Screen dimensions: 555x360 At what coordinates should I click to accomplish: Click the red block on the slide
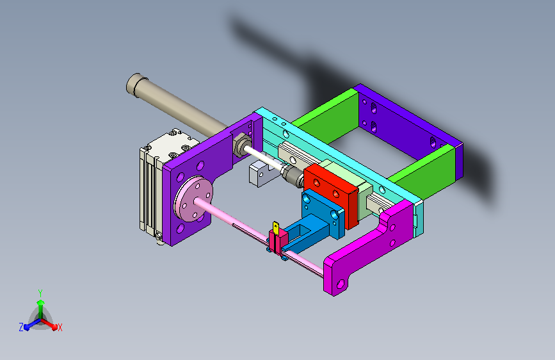pyautogui.click(x=331, y=194)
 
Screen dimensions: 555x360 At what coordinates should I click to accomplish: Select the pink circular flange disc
pyautogui.click(x=193, y=199)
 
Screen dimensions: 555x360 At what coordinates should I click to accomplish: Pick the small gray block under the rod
pyautogui.click(x=261, y=173)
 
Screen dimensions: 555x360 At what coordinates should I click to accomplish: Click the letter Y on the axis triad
pyautogui.click(x=40, y=293)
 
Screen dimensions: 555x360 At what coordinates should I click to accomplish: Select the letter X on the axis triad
pyautogui.click(x=60, y=327)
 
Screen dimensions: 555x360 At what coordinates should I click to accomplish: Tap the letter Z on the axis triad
pyautogui.click(x=21, y=327)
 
